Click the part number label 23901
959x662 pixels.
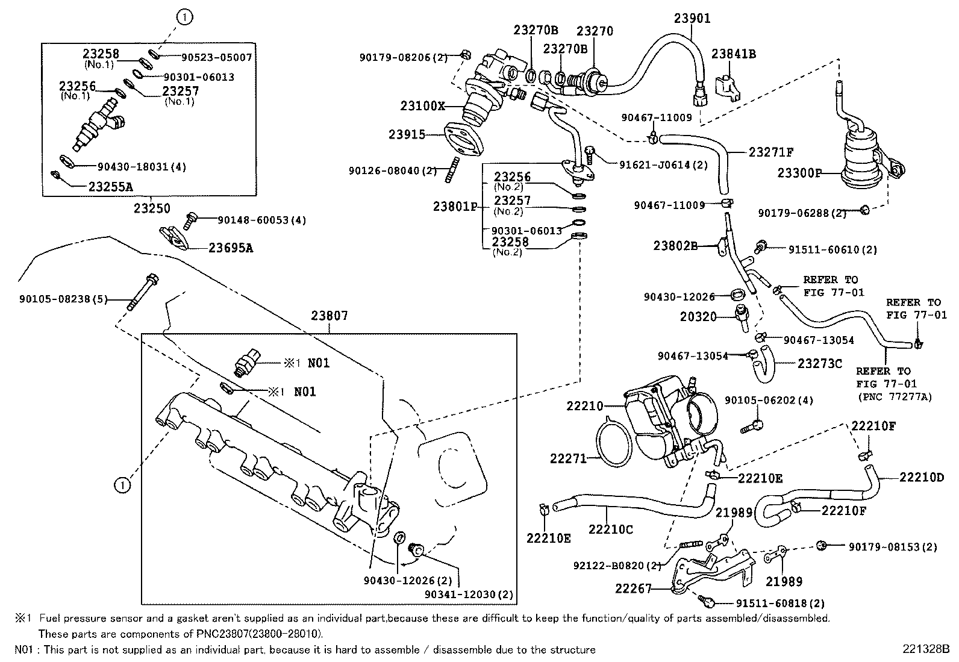pyautogui.click(x=692, y=18)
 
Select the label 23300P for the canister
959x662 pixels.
pyautogui.click(x=799, y=173)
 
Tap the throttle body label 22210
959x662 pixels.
pyautogui.click(x=584, y=406)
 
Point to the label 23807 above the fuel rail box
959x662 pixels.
pyautogui.click(x=330, y=315)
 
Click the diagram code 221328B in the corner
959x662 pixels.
pyautogui.click(x=925, y=649)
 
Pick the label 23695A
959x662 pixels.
pyautogui.click(x=231, y=248)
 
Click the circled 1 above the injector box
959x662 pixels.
pyautogui.click(x=184, y=18)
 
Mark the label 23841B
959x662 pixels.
pyautogui.click(x=733, y=54)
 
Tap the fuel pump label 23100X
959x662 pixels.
pyautogui.click(x=422, y=107)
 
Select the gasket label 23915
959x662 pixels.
pyautogui.click(x=407, y=134)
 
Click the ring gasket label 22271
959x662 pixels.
pyautogui.click(x=567, y=459)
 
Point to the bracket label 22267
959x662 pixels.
pyautogui.click(x=634, y=588)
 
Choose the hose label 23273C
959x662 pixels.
pyautogui.click(x=819, y=363)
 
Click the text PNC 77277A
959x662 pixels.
pyautogui.click(x=895, y=397)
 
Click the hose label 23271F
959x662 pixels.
pyautogui.click(x=771, y=152)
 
